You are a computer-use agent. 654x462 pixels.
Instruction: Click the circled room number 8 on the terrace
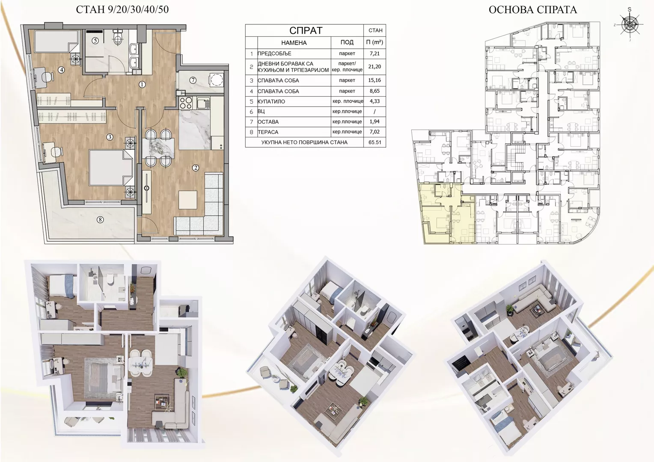[100, 219]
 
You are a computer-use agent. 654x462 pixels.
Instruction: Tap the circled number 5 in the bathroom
[95, 41]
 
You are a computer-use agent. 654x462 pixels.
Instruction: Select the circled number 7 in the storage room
[193, 80]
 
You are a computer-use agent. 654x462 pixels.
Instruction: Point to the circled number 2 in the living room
[196, 168]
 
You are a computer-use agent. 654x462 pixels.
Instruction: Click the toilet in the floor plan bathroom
[118, 38]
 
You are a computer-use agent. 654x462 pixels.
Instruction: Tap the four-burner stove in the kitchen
[185, 103]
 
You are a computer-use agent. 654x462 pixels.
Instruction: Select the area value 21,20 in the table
[375, 67]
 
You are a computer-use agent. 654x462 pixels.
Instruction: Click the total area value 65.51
[375, 142]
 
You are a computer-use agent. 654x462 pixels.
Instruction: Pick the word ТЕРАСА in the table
[268, 132]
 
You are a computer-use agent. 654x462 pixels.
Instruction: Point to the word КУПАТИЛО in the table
[271, 101]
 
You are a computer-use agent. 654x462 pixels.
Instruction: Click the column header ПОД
[347, 42]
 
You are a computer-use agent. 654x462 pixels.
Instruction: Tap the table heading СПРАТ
[306, 30]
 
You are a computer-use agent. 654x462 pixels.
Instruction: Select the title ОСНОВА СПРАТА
[533, 10]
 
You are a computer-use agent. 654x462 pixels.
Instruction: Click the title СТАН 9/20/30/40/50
[122, 9]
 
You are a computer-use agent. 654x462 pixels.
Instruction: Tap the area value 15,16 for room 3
[375, 80]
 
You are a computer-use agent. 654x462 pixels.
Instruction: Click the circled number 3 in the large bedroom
[110, 137]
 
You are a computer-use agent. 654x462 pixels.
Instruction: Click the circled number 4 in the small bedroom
[61, 70]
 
